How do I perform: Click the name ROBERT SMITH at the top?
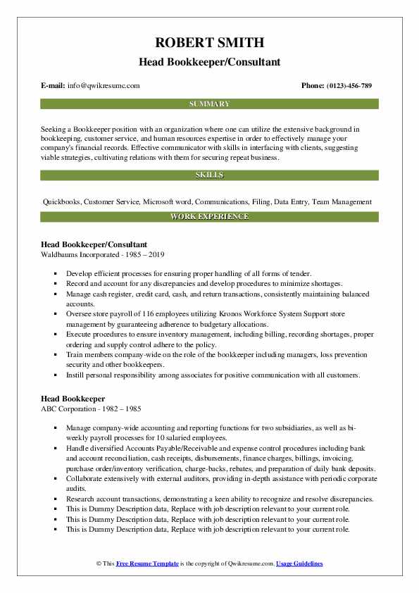coord(209,45)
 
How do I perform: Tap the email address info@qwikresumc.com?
coord(103,86)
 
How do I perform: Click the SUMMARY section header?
coord(209,104)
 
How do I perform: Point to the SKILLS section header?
coord(209,175)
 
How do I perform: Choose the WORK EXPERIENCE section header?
coord(209,217)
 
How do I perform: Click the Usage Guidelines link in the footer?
coord(299,564)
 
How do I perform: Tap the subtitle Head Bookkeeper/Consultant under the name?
coord(209,62)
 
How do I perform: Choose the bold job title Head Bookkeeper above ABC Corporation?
coord(74,399)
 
